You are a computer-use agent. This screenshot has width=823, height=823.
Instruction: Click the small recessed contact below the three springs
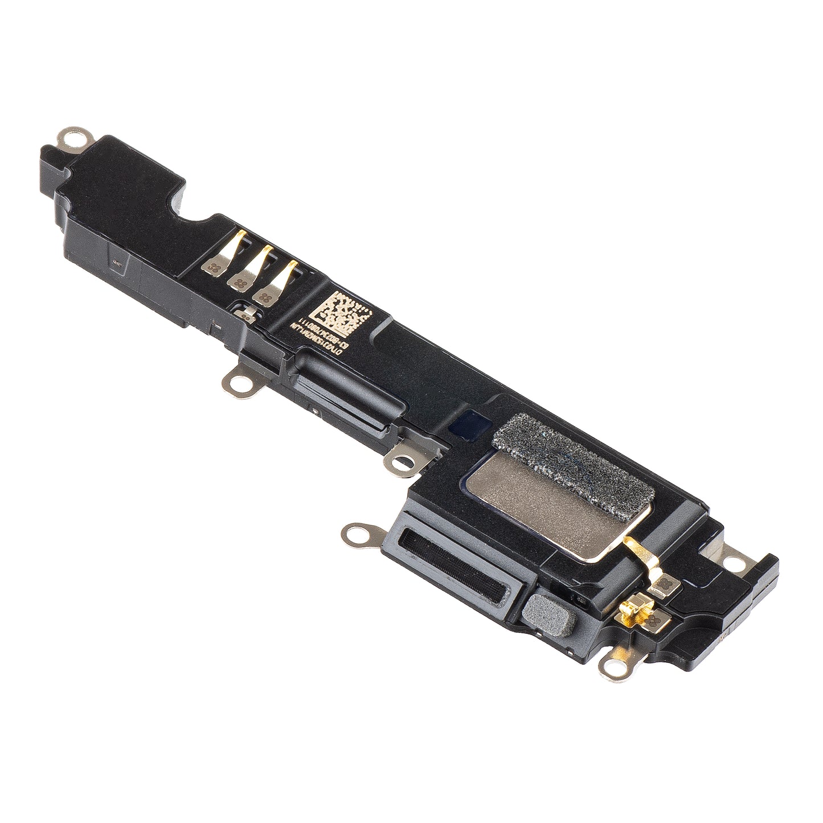(x=246, y=312)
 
